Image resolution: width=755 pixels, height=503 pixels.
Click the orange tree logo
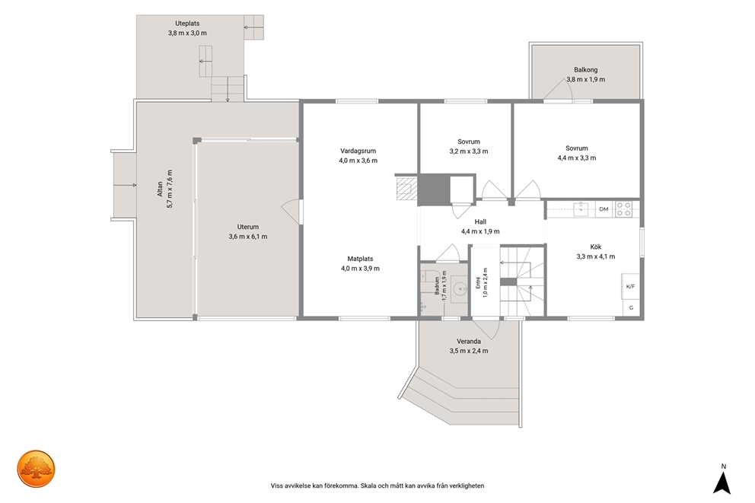(36, 469)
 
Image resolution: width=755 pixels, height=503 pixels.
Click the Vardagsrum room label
(358, 151)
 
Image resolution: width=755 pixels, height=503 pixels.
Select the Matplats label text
(360, 259)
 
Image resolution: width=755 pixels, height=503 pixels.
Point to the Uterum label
(248, 227)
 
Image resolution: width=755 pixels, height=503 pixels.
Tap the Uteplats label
(187, 23)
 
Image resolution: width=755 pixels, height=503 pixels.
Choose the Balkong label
(585, 70)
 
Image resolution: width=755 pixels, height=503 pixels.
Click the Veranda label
(469, 341)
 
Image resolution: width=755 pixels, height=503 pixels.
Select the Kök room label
(596, 247)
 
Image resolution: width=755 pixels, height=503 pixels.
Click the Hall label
(480, 222)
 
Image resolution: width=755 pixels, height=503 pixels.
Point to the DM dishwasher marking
(604, 209)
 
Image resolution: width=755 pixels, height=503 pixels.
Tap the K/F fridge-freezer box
(630, 286)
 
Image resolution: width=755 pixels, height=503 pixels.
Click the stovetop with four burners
(624, 209)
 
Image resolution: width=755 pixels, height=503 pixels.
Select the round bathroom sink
(460, 289)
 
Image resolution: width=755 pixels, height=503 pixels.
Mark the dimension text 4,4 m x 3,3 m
(576, 158)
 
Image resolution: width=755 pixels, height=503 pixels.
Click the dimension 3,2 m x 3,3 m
(469, 151)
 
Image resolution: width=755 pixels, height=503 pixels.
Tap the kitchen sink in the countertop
(581, 209)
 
